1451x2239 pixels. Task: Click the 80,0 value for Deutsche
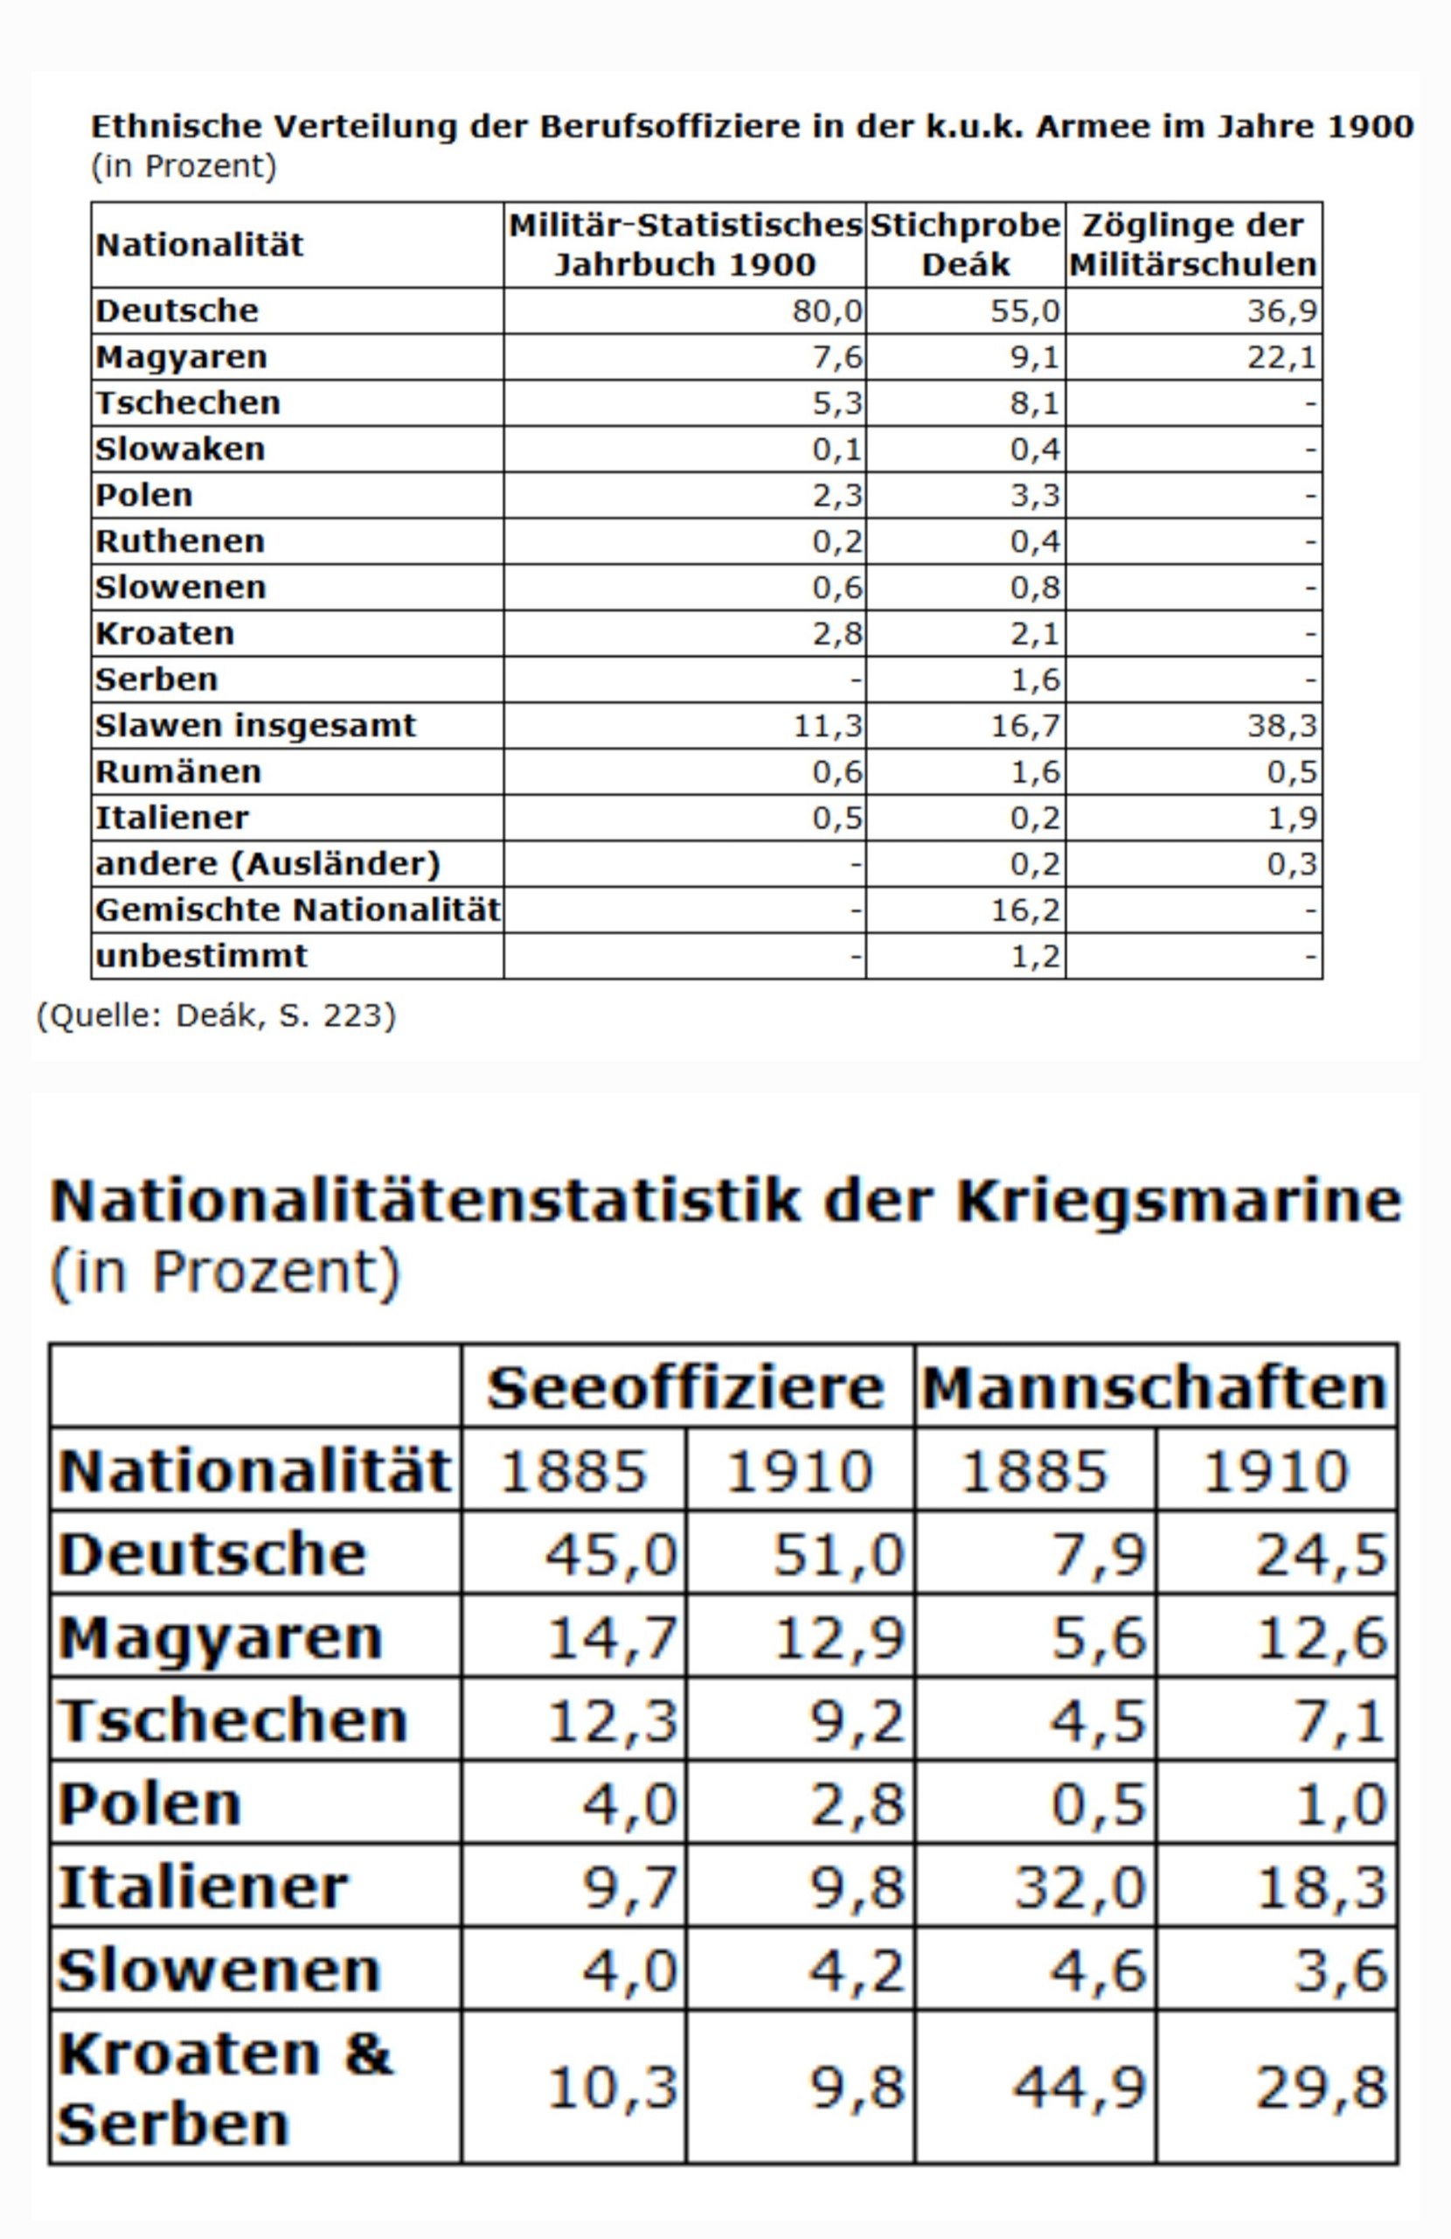pos(827,311)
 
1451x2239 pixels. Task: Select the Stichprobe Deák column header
pos(965,245)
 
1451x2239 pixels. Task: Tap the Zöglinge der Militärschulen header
pos(1193,245)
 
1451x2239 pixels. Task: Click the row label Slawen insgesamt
pos(255,725)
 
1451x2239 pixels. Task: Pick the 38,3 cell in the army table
pos(1282,726)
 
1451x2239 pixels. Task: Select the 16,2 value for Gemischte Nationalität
pos(1026,910)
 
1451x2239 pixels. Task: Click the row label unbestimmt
pos(200,956)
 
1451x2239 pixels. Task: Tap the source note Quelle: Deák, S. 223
pos(216,1016)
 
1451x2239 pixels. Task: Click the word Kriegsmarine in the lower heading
pos(1178,1202)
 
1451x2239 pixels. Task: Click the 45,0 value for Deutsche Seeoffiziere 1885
pos(611,1554)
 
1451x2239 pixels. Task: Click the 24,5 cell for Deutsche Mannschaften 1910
pos(1322,1554)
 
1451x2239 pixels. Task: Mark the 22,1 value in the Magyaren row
pos(1282,358)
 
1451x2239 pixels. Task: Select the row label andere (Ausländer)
pos(267,863)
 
